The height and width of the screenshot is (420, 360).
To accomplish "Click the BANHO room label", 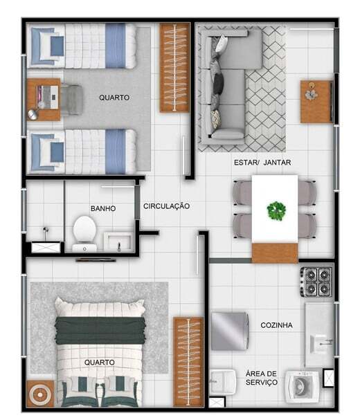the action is click(103, 208).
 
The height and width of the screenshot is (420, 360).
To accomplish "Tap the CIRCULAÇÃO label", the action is click(166, 206).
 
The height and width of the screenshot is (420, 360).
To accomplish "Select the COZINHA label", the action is click(276, 325).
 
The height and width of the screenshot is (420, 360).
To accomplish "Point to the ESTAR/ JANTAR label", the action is click(262, 163).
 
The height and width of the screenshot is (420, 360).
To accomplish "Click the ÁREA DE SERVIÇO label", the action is click(262, 378).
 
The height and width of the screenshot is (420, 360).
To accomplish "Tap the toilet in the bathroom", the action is click(84, 234).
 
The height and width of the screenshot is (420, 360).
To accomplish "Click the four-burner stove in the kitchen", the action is click(317, 282).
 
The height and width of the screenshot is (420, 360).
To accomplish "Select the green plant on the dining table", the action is click(276, 211).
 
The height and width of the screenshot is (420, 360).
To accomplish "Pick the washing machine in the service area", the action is click(302, 387).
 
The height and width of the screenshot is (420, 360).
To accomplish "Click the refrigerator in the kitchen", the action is click(230, 331).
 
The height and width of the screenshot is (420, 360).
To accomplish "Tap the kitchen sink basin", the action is click(318, 344).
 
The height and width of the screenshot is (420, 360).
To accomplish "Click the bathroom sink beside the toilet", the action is click(118, 242).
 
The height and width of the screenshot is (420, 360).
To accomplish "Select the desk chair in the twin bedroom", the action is click(71, 100).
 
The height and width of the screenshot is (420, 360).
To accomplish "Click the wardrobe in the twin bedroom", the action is click(174, 68).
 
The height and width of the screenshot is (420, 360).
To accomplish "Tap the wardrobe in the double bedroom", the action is click(188, 362).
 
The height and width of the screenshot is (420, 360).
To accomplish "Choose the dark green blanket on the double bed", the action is click(100, 331).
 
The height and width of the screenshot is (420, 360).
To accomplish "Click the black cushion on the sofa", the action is click(219, 83).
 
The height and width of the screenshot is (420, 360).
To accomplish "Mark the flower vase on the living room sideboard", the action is click(311, 93).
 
